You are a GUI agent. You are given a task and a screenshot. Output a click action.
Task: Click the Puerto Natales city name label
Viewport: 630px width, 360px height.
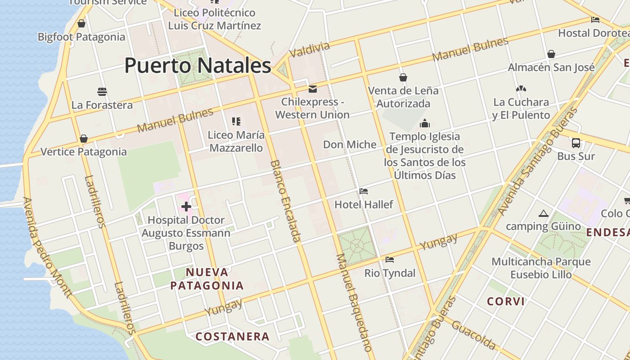tap(198, 66)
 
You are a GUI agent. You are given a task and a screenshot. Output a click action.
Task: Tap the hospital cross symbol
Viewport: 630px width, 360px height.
tap(186, 207)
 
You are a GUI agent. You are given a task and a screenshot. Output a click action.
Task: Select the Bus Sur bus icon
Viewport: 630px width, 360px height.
tap(576, 143)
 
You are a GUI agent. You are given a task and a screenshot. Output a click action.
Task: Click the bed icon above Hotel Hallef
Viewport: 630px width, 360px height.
tap(364, 191)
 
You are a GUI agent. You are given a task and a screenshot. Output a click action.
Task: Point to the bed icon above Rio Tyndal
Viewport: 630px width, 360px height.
tap(390, 260)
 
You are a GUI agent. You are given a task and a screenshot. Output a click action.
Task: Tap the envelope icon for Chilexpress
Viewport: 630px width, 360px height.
tap(312, 89)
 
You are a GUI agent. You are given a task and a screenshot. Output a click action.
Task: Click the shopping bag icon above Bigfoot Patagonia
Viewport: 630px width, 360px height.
tap(81, 23)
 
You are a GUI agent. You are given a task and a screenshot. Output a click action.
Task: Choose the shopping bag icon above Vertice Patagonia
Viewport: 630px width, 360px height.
tap(83, 139)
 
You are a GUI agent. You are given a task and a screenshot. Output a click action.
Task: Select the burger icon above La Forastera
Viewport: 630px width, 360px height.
tap(102, 92)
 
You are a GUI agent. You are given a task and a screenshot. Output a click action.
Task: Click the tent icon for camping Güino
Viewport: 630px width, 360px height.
tap(543, 213)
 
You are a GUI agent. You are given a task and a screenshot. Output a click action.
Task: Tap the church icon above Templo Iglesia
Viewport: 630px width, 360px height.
tap(424, 123)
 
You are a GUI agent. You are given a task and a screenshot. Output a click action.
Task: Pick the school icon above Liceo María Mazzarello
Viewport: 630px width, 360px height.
tap(236, 121)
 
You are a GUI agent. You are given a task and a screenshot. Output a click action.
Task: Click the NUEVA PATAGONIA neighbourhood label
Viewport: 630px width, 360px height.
tap(207, 279)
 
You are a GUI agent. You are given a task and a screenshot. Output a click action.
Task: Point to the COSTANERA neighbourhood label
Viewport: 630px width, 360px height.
tap(233, 336)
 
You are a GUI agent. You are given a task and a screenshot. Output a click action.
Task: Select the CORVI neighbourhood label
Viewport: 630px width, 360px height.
tap(506, 301)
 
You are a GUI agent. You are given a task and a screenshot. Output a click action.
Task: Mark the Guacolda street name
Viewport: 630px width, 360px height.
tap(473, 335)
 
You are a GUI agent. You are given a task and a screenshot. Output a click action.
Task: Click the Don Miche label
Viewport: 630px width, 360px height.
tap(350, 144)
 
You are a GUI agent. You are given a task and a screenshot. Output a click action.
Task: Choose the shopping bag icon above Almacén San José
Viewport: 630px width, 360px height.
tap(551, 54)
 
